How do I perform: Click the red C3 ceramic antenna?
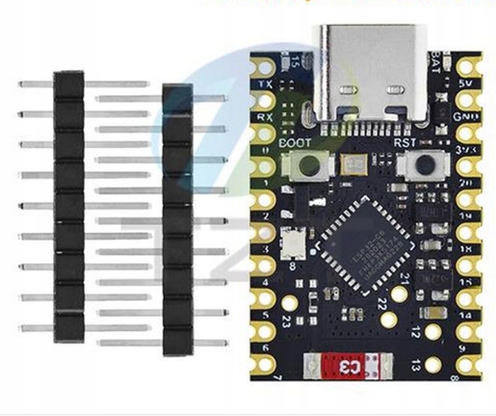pyautogui.click(x=348, y=366)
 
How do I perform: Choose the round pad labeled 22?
pyautogui.click(x=389, y=319)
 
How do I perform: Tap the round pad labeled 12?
pyautogui.click(x=433, y=332)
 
